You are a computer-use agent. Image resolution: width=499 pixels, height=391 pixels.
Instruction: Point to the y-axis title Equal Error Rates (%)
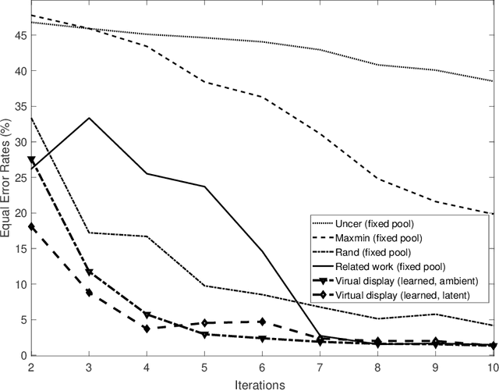coord(7,183)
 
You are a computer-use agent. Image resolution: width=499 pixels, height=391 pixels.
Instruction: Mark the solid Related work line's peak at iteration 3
coord(89,118)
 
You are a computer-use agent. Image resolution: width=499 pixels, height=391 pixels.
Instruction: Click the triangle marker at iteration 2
coord(31,160)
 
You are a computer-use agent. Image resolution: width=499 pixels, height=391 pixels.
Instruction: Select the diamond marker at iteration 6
coord(262,322)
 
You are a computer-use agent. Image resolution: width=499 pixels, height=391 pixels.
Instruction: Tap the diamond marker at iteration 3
coord(89,293)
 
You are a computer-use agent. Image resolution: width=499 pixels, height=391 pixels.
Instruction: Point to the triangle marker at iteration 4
coord(147,315)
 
